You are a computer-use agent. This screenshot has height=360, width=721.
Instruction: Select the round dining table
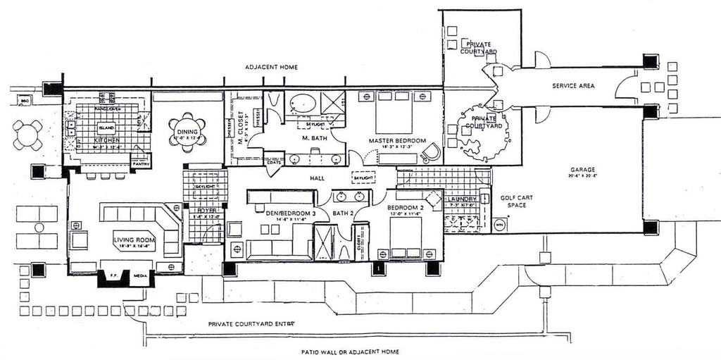(x=188, y=131)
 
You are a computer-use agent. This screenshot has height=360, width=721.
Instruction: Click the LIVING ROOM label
(x=134, y=240)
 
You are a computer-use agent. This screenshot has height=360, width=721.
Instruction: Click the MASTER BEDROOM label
(x=398, y=141)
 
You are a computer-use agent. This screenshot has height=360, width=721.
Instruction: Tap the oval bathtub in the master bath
(x=304, y=103)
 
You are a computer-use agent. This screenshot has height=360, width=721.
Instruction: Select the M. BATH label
(x=313, y=138)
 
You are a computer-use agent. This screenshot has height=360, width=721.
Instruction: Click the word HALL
(x=317, y=179)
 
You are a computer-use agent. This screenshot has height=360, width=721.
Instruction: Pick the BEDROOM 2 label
(x=404, y=208)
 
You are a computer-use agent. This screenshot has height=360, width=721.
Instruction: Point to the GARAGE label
(x=583, y=170)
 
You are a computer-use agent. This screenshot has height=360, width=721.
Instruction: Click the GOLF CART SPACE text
(x=517, y=201)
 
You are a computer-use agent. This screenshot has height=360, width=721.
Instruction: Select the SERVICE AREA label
(x=573, y=86)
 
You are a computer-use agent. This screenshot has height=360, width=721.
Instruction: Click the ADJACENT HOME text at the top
(x=271, y=67)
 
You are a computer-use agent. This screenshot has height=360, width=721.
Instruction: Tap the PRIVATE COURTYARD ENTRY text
(x=251, y=324)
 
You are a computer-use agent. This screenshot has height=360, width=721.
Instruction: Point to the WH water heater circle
(x=500, y=225)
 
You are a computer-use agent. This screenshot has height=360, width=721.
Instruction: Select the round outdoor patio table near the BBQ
(x=27, y=135)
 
